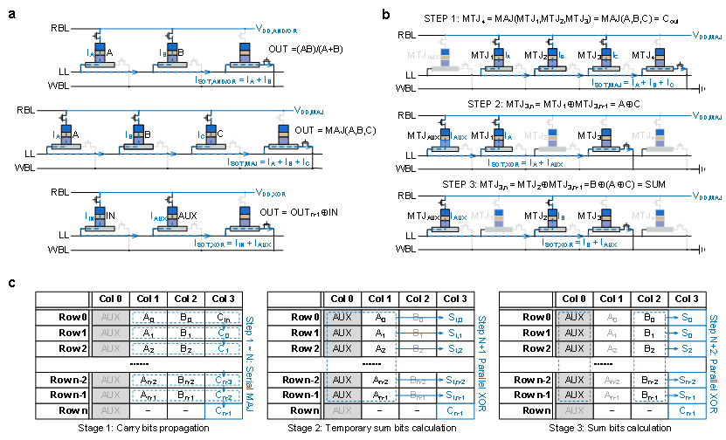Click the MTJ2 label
536,134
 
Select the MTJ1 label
483,215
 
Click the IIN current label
90,215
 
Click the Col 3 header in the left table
224,299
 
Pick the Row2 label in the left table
63,348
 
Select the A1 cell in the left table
149,333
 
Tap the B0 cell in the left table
186,317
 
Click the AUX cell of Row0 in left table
109,317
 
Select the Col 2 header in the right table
649,299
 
